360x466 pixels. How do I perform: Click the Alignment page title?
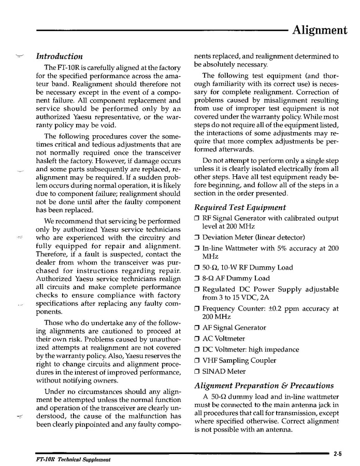[320, 30]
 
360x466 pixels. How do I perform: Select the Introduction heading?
[59, 57]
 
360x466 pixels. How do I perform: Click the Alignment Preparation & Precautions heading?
[264, 385]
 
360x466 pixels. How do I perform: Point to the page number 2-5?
[338, 454]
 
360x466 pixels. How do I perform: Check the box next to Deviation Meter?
[197, 237]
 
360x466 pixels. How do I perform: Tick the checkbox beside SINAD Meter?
[197, 372]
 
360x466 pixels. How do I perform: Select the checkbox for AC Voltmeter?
[197, 339]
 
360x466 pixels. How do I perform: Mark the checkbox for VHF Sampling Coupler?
[197, 361]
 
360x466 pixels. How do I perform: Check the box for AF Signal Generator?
[197, 328]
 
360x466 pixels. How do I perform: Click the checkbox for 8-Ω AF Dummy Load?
[197, 279]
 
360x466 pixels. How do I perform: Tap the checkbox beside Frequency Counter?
[197, 309]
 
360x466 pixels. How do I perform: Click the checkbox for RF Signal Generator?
[197, 218]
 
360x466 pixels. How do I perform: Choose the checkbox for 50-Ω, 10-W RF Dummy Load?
[197, 268]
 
